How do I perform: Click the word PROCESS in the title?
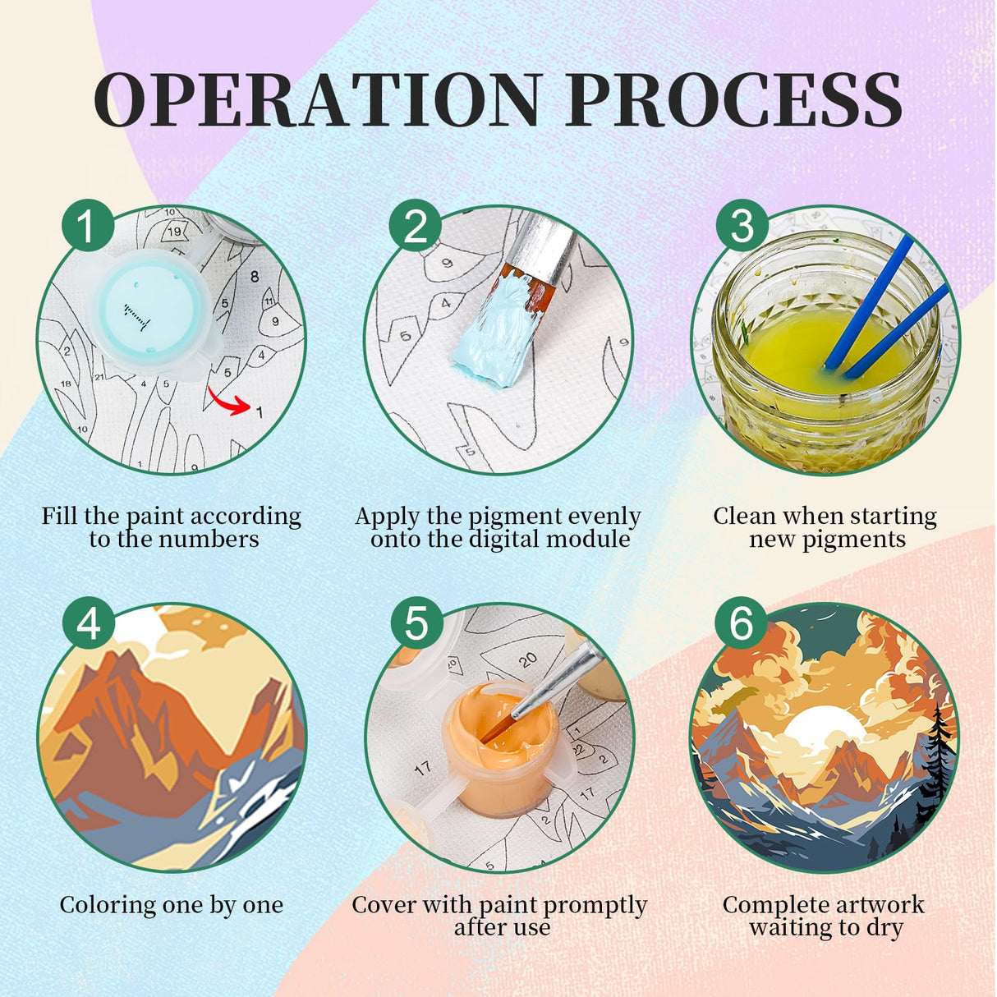click(x=734, y=100)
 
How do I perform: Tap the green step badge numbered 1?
click(x=87, y=226)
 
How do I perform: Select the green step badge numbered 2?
click(x=415, y=226)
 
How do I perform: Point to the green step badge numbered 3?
click(x=742, y=226)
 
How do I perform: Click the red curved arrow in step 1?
click(x=227, y=401)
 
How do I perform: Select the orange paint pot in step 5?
click(x=496, y=747)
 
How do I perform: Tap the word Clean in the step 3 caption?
click(x=746, y=516)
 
